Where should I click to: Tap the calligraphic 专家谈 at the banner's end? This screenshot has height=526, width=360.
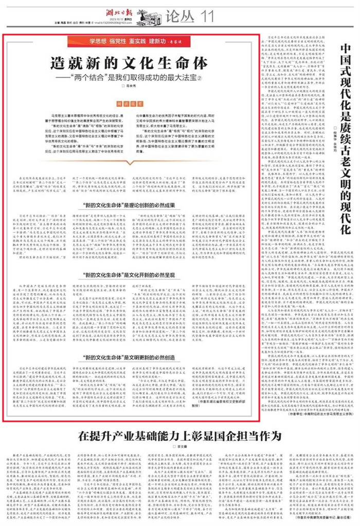click(173, 41)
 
